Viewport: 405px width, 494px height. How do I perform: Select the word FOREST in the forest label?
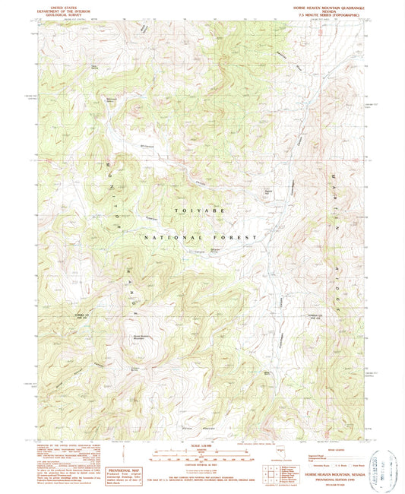240,238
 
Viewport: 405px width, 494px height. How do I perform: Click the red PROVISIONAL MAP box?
125,473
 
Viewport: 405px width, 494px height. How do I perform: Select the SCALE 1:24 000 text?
202,445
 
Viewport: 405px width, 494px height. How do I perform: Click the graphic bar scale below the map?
202,458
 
